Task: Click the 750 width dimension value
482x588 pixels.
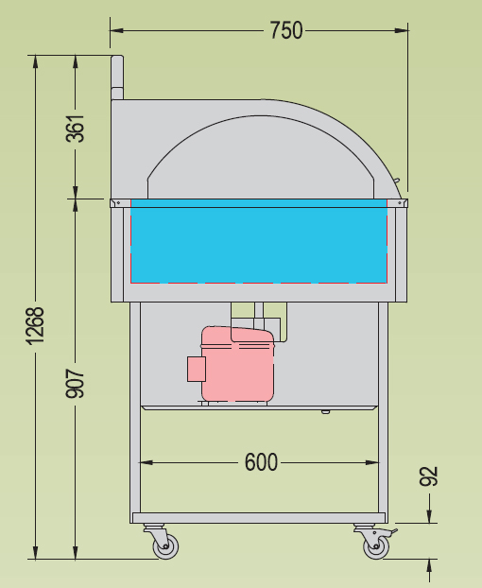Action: point(285,30)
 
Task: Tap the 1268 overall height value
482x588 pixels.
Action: point(36,324)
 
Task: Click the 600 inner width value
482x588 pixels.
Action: point(261,462)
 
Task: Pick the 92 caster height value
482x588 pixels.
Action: point(429,476)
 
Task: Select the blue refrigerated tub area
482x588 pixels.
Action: point(259,245)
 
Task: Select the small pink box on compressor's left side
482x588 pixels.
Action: point(197,369)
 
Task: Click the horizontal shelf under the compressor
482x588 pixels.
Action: point(259,407)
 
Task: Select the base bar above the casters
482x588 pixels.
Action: point(259,518)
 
